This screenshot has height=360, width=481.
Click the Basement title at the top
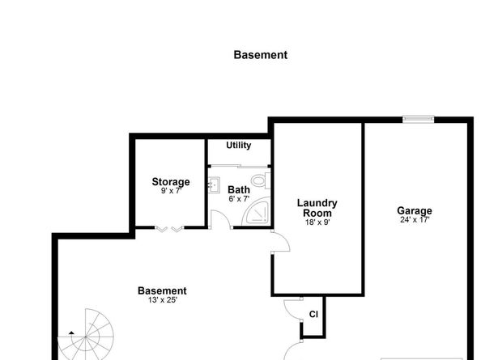click(x=260, y=56)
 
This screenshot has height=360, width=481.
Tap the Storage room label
click(x=171, y=182)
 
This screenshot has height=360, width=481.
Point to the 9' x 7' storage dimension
click(x=171, y=191)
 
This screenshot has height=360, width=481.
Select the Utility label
click(x=238, y=146)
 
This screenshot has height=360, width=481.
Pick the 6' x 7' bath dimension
click(x=239, y=198)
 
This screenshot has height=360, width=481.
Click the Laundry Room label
click(x=317, y=208)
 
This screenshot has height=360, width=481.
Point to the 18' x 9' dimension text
click(x=317, y=222)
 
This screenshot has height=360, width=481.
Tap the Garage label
click(x=414, y=211)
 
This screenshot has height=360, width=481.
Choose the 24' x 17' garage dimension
click(x=414, y=220)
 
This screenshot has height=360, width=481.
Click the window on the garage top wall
click(x=419, y=120)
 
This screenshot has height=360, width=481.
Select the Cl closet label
click(x=313, y=315)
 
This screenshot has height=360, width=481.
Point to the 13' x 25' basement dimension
click(x=162, y=300)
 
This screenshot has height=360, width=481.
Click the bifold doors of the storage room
click(x=169, y=230)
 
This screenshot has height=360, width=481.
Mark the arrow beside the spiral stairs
click(x=71, y=332)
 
